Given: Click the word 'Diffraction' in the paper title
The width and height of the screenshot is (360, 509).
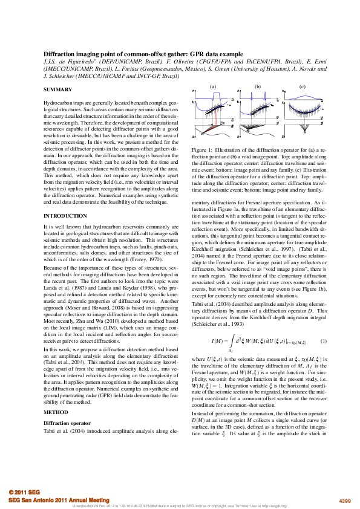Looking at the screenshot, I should [59, 54].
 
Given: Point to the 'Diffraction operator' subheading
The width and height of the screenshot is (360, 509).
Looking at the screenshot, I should [65, 423].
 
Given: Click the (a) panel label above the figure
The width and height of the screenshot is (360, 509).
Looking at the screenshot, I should [213, 87].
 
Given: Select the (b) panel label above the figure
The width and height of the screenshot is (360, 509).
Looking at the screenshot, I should [257, 87].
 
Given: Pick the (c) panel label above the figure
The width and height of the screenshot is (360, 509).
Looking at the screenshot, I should [302, 87].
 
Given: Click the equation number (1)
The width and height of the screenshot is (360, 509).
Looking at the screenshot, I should [323, 341].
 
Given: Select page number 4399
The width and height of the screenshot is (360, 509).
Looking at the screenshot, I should [344, 501].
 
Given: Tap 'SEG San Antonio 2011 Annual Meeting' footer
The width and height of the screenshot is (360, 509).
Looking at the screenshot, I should [59, 501].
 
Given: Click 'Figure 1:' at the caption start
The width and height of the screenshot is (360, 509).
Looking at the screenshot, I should [202, 149].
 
